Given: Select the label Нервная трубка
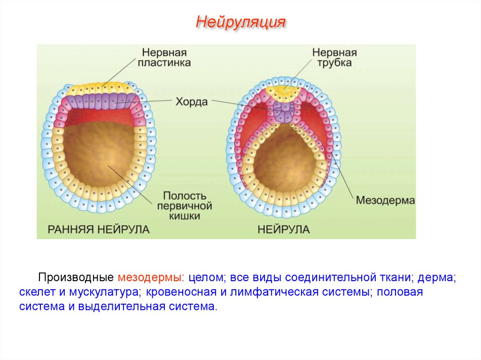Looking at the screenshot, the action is click(334, 57).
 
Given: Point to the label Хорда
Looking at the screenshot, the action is click(192, 101).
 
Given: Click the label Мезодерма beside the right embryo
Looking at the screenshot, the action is click(385, 200).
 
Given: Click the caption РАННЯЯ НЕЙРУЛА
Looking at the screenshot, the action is click(99, 230).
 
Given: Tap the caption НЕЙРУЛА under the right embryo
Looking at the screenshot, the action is click(283, 230).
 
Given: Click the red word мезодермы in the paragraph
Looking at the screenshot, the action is click(150, 277).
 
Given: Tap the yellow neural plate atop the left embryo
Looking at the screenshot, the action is click(99, 87).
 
